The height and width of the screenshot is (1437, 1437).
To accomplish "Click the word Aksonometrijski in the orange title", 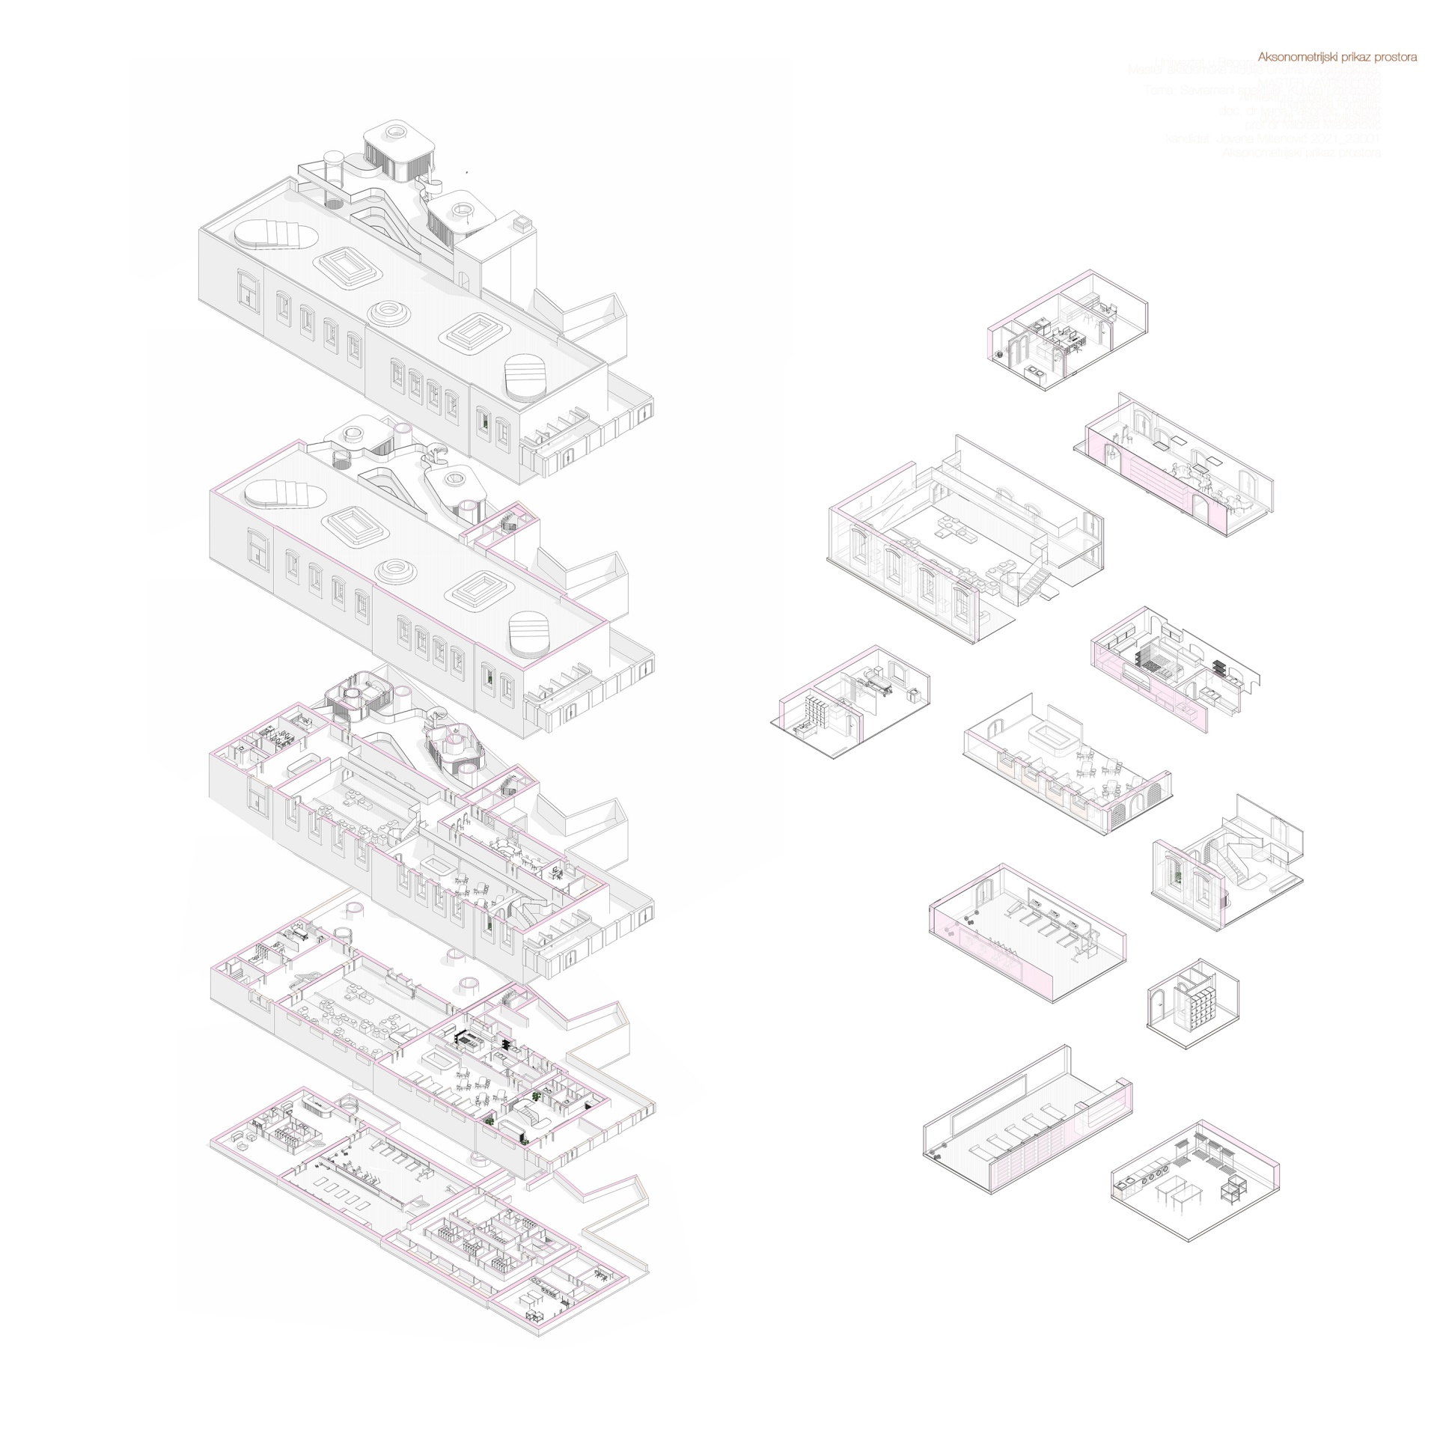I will click(x=1294, y=57).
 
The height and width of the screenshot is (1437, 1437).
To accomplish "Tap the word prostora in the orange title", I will click(x=1395, y=57).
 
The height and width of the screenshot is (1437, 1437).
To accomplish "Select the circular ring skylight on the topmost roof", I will click(x=390, y=312).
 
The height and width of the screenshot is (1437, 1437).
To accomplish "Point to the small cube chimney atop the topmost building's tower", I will click(x=522, y=222).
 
